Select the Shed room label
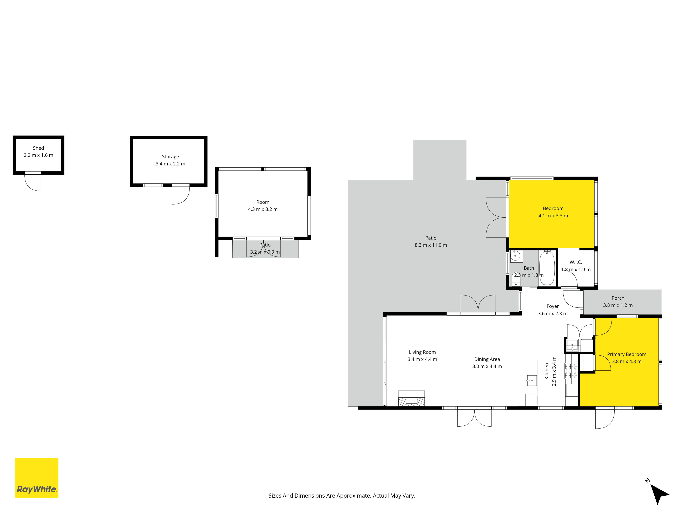point(38,148)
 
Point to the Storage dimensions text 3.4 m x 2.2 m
point(170,164)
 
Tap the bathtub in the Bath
point(547,268)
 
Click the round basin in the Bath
point(515,256)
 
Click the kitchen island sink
point(531,380)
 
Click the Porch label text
point(618,298)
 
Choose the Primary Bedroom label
point(627,354)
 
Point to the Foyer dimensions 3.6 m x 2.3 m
point(553,314)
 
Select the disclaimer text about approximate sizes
point(342,496)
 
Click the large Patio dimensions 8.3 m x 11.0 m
point(431,245)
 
